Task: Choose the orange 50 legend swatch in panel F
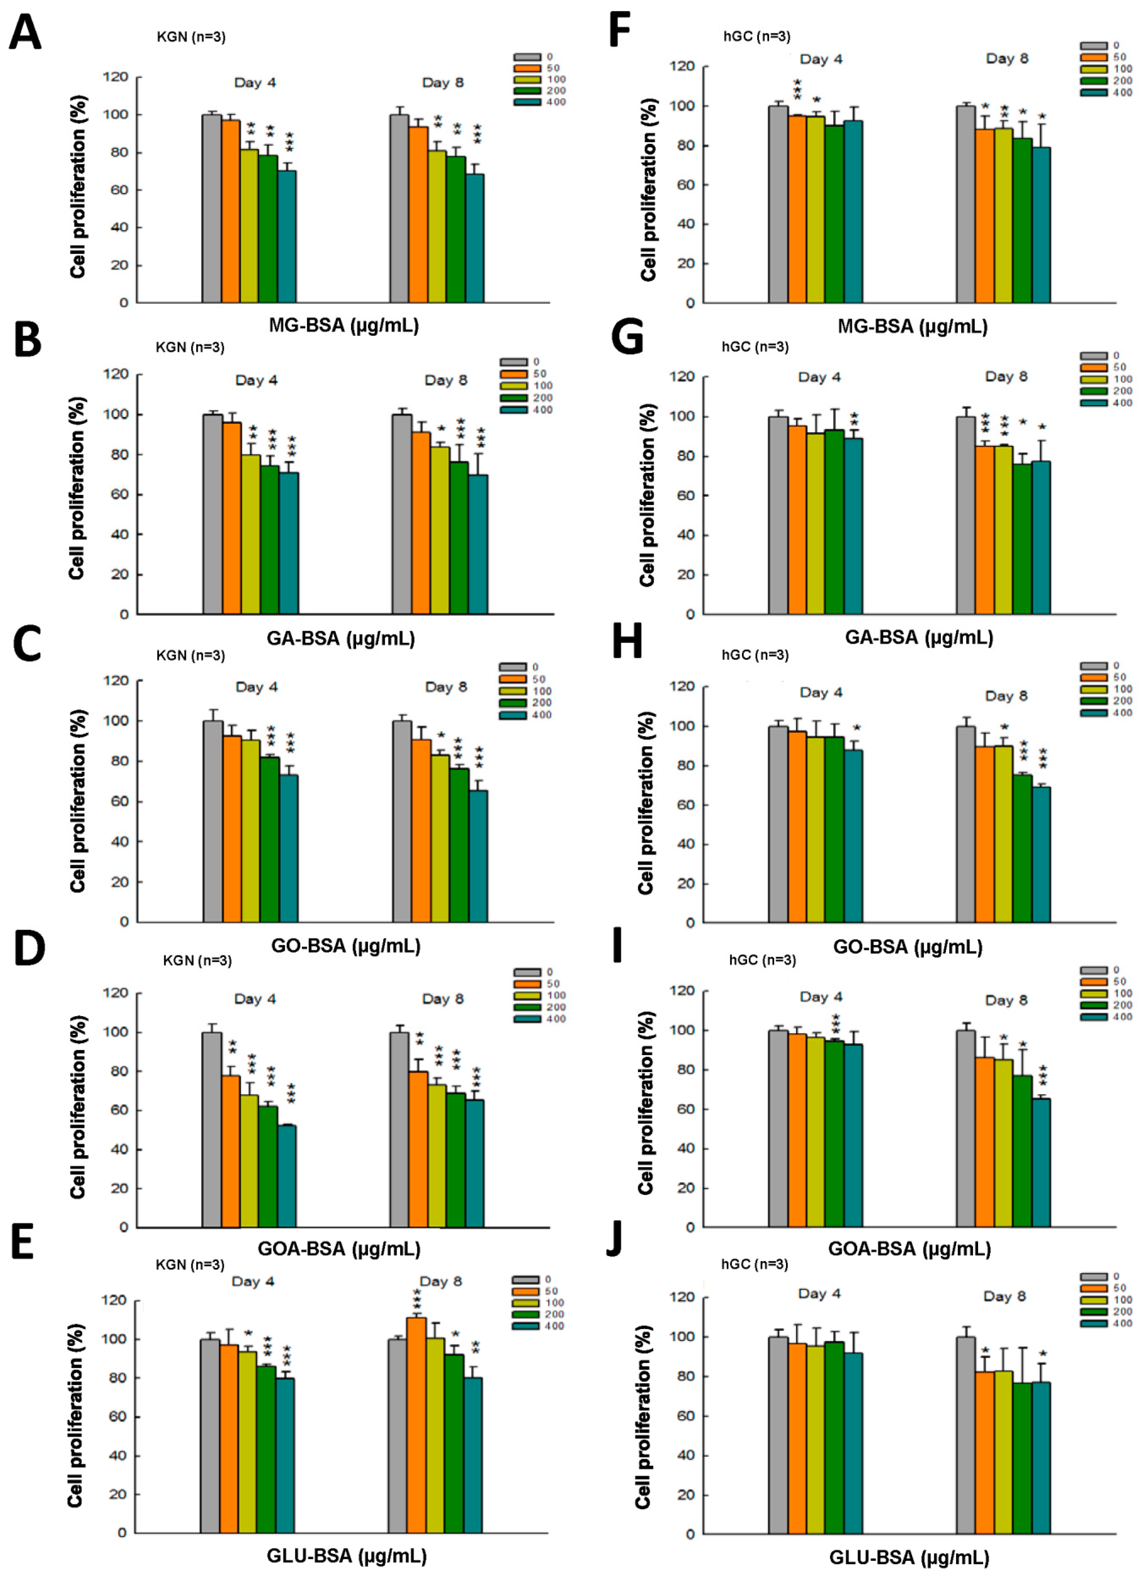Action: [1093, 57]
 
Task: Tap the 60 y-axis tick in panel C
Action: [123, 801]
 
